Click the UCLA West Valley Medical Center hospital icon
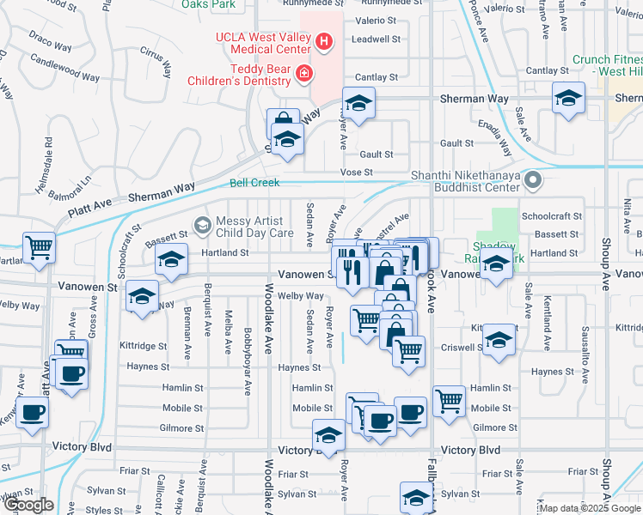point(323,40)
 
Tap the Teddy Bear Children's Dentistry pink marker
point(303,76)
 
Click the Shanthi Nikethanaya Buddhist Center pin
point(534,180)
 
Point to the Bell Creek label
point(255,183)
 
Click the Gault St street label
point(377,154)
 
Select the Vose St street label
point(354,173)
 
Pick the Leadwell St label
point(376,39)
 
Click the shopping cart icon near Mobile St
point(450,401)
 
